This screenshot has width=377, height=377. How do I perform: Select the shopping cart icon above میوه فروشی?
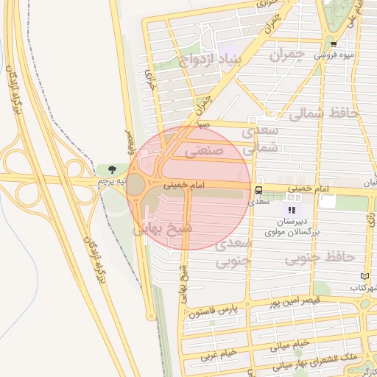pyautogui.click(x=334, y=44)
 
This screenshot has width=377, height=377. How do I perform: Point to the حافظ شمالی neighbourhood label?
pyautogui.click(x=323, y=114)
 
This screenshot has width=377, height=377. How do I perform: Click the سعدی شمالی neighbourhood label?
pyautogui.click(x=260, y=138)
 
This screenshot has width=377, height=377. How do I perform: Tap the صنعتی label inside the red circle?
pyautogui.click(x=200, y=151)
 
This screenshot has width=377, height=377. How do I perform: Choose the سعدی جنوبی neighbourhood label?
pyautogui.click(x=235, y=253)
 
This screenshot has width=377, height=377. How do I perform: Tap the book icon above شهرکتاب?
pyautogui.click(x=364, y=276)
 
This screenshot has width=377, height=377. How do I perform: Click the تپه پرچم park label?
pyautogui.click(x=113, y=181)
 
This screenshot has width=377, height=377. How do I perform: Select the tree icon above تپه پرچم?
pyautogui.click(x=112, y=170)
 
